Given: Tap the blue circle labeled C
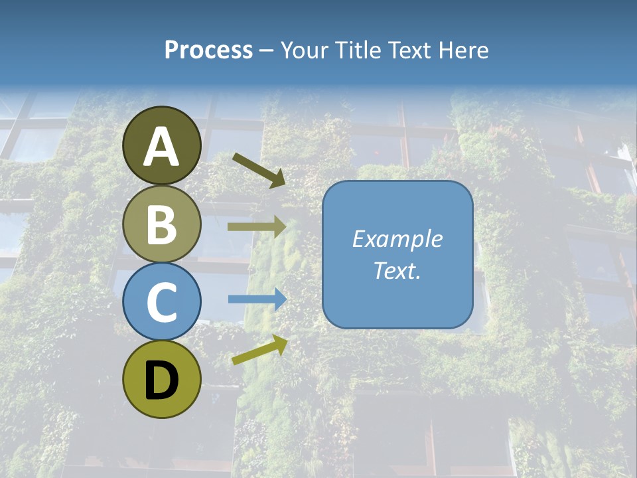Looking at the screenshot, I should (162, 301).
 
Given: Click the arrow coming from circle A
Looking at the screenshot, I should (259, 169).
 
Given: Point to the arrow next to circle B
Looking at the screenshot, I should (257, 227).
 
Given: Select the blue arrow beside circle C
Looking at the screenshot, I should (257, 299).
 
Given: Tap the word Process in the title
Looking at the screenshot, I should (208, 50).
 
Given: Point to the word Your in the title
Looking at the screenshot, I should (305, 50).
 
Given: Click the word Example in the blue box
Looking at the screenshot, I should (397, 239).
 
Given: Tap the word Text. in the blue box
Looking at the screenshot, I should (397, 271).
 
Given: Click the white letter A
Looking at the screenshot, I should (162, 146).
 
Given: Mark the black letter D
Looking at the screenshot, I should (162, 380).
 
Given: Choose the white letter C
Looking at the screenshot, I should (162, 301).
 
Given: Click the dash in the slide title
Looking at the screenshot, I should (266, 51).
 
